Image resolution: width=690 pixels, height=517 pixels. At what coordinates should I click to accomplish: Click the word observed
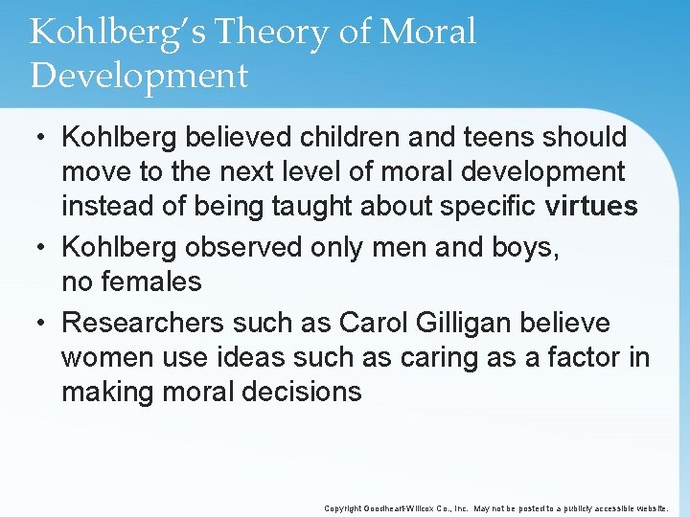coord(246,246)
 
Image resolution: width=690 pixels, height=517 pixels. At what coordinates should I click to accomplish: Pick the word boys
coord(518,246)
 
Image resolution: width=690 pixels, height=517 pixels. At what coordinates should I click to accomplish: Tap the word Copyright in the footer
coord(344,508)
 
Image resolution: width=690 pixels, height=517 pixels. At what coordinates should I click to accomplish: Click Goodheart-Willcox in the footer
coord(413,508)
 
